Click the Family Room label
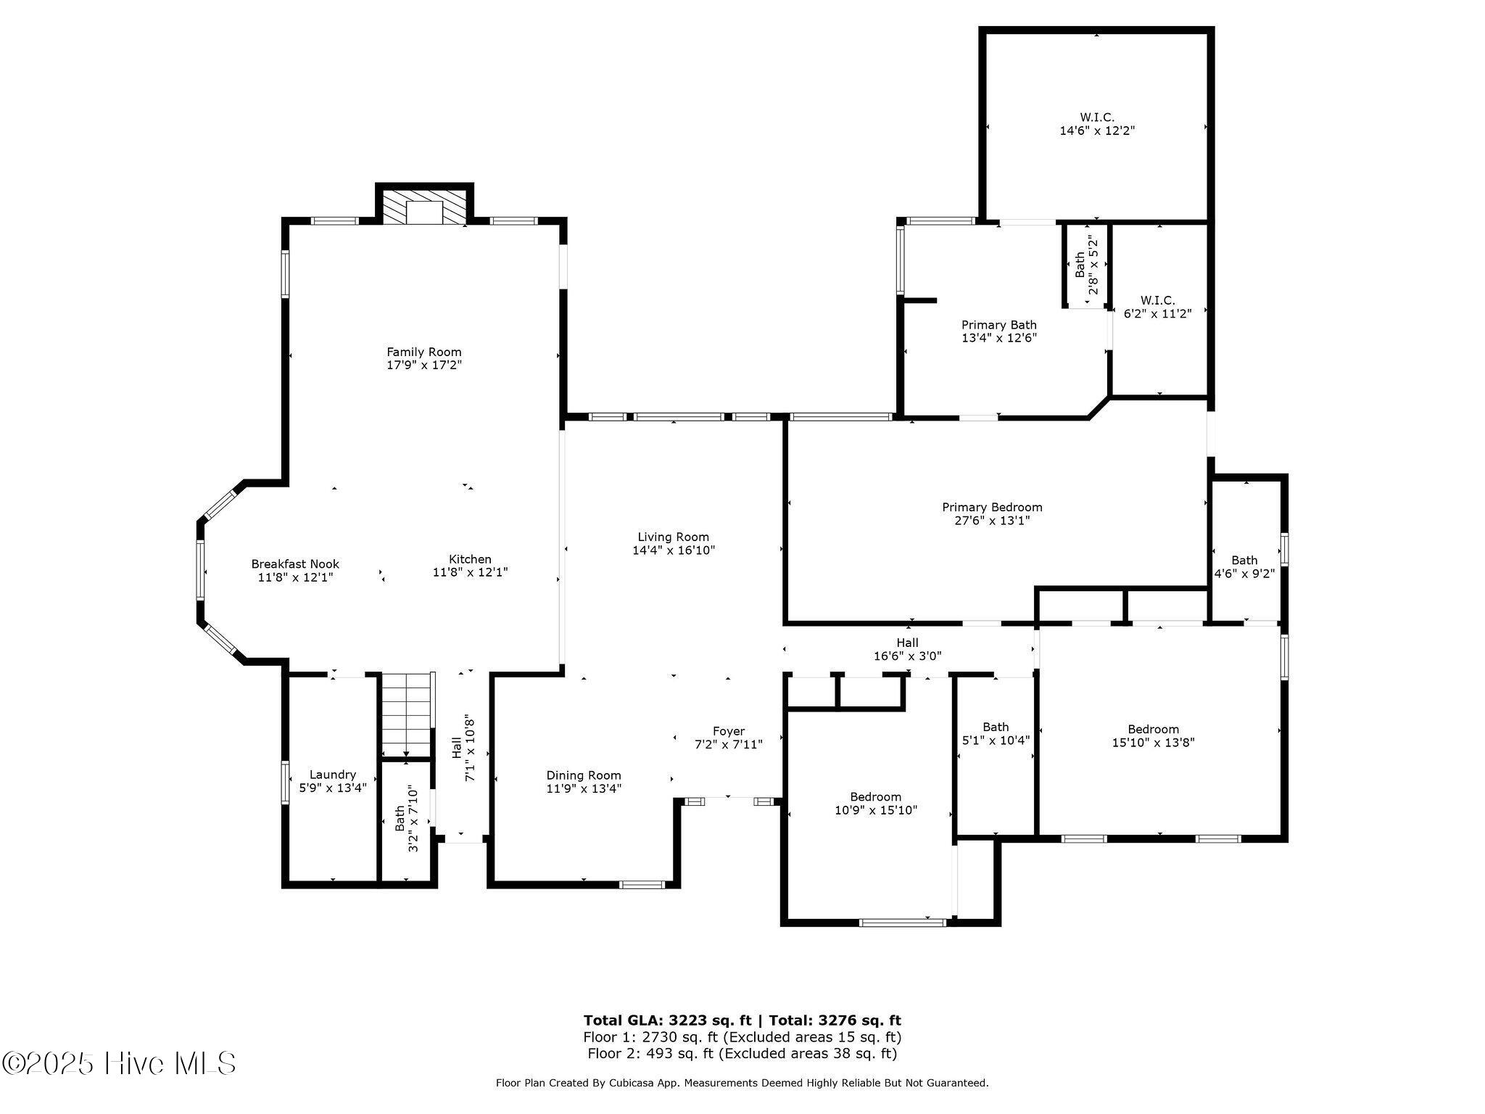coord(424,352)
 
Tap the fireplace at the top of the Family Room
coord(424,208)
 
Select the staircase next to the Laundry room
coord(408,715)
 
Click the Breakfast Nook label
coord(295,564)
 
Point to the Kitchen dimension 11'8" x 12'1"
coord(471,572)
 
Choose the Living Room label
coord(674,537)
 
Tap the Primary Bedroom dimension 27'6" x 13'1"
coord(993,521)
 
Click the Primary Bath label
coord(999,325)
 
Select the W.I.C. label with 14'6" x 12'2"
coord(1097,117)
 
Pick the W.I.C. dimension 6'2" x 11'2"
coord(1158,313)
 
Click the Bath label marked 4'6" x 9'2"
coord(1245,560)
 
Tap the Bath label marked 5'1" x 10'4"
coord(996,727)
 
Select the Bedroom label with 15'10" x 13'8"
coord(1154,729)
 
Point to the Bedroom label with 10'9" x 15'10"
coord(876,796)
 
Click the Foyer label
coord(729,731)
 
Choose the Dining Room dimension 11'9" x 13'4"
coord(584,788)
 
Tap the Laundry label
coord(333,775)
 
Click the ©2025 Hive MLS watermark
coord(119,1064)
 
